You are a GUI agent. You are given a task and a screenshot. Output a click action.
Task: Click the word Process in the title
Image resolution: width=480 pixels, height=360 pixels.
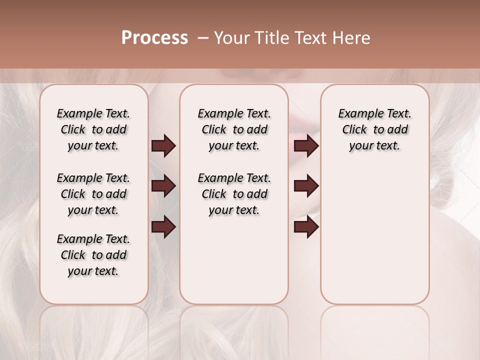tap(154, 38)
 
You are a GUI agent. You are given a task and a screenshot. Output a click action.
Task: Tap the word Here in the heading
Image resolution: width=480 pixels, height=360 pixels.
tap(351, 38)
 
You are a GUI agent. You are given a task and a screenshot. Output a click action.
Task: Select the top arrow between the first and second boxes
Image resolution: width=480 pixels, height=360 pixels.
tap(163, 146)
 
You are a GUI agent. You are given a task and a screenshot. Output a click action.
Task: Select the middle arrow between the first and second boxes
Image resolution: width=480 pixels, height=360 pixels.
tap(163, 186)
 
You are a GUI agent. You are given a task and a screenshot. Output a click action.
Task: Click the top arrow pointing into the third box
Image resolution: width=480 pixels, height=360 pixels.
tap(306, 146)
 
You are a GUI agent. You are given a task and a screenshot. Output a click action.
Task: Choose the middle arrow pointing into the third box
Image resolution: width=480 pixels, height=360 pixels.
tap(306, 186)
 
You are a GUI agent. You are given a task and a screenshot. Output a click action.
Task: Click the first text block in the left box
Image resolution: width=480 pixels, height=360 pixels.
tap(93, 129)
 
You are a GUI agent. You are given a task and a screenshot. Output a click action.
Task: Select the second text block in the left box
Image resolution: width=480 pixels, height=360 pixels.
tap(93, 194)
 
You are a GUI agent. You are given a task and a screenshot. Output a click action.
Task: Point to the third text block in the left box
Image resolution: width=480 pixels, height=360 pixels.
tap(93, 255)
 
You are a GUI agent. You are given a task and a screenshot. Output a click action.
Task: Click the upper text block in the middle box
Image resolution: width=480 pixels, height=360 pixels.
tap(234, 129)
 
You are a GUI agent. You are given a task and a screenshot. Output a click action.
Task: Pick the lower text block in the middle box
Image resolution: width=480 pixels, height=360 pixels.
tap(234, 194)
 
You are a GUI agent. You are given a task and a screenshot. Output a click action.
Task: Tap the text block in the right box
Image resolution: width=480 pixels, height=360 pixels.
tap(374, 129)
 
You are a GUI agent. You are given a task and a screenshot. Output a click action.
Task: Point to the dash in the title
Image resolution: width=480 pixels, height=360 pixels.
tap(203, 38)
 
